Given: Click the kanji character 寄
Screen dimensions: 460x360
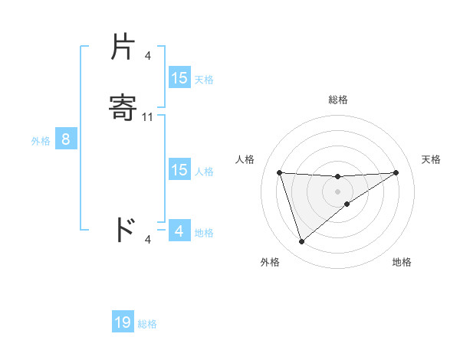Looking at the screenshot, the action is point(124,108).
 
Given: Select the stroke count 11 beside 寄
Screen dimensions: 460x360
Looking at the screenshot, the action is point(149,117).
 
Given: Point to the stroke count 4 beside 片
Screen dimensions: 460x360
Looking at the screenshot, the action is point(147,56).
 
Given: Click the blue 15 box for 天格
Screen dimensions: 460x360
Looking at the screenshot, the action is point(179,78).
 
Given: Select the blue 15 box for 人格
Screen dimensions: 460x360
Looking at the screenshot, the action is point(179,170).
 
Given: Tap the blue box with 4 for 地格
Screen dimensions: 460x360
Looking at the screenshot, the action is point(179,231).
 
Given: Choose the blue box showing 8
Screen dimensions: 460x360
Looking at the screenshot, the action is point(66,139).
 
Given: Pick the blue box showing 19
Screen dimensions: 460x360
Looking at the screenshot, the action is point(123,322).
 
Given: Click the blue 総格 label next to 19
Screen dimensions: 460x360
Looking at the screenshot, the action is point(147,324).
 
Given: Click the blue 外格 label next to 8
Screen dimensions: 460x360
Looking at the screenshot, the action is point(40,141).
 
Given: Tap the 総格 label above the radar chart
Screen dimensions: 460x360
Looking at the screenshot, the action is point(338,100).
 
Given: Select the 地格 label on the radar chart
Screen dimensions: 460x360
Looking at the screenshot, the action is point(402,262).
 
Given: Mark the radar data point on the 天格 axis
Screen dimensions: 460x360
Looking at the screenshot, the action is point(396,172).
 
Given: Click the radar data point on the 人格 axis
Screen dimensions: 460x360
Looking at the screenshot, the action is point(279,172).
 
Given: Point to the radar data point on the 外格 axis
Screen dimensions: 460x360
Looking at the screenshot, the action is point(301,242).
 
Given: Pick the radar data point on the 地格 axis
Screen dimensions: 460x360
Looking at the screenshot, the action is point(347,204).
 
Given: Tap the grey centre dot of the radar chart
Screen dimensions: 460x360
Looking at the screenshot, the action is point(337,191).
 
